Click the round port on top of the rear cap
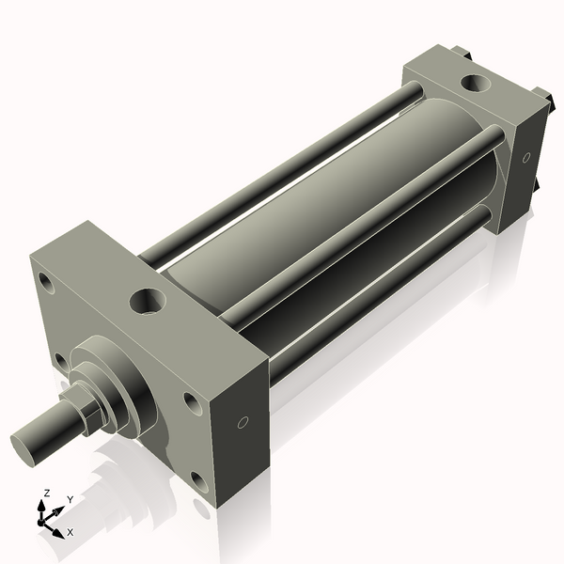click(x=472, y=83)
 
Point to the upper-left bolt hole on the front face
click(x=45, y=280)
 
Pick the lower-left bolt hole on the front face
click(x=60, y=361)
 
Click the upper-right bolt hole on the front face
click(x=192, y=402)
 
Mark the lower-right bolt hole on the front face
click(x=200, y=484)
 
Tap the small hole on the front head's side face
click(x=243, y=423)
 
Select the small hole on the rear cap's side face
click(x=526, y=156)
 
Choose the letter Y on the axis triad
click(x=70, y=499)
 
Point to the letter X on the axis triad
click(x=70, y=532)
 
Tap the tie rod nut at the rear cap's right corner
click(x=543, y=95)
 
